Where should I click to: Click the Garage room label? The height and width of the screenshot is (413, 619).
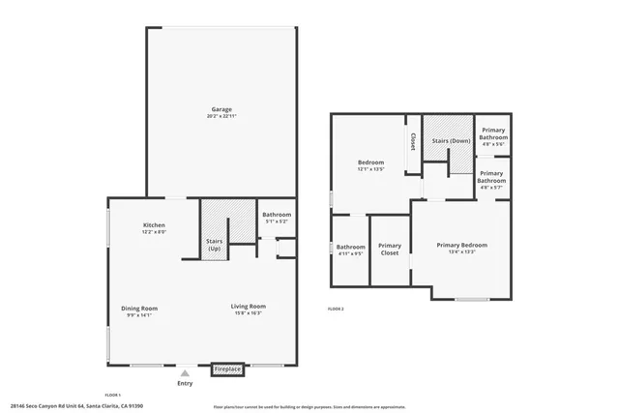coord(221,109)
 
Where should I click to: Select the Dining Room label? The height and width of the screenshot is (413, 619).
coord(139,309)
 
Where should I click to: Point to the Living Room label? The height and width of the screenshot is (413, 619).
coord(249,308)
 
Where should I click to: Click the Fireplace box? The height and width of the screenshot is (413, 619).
coord(227,369)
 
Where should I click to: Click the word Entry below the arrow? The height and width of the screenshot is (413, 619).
coord(185,383)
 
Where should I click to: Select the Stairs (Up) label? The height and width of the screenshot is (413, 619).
coord(215,245)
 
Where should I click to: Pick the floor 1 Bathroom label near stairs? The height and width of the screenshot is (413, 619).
coord(277,215)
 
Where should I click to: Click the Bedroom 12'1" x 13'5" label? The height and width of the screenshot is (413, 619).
coord(371,162)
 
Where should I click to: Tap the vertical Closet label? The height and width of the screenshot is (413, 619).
coord(413,143)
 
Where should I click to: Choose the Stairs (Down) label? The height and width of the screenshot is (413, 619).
coord(451,141)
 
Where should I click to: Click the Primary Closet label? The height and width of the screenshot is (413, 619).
coord(390,249)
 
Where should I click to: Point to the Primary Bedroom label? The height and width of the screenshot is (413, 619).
coord(461,245)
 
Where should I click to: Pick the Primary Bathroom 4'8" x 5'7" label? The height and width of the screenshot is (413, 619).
coord(492,178)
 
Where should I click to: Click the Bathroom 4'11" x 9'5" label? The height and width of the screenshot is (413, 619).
coord(350,247)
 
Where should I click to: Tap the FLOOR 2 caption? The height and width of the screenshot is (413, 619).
coord(336,308)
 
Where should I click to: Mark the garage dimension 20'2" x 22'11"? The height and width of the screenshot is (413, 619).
coord(221,117)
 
